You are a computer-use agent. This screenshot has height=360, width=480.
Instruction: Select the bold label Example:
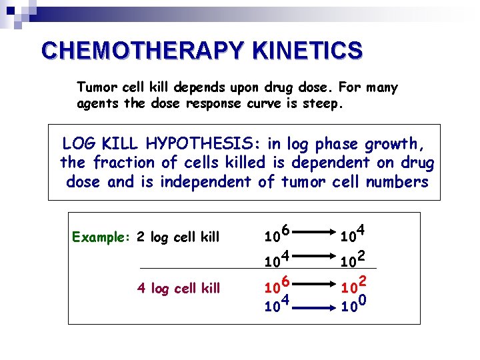101,237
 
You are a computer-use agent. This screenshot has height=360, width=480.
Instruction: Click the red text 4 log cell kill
178,288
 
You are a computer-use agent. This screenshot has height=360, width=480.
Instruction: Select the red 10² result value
353,287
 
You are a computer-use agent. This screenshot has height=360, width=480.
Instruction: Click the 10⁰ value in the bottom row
353,306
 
